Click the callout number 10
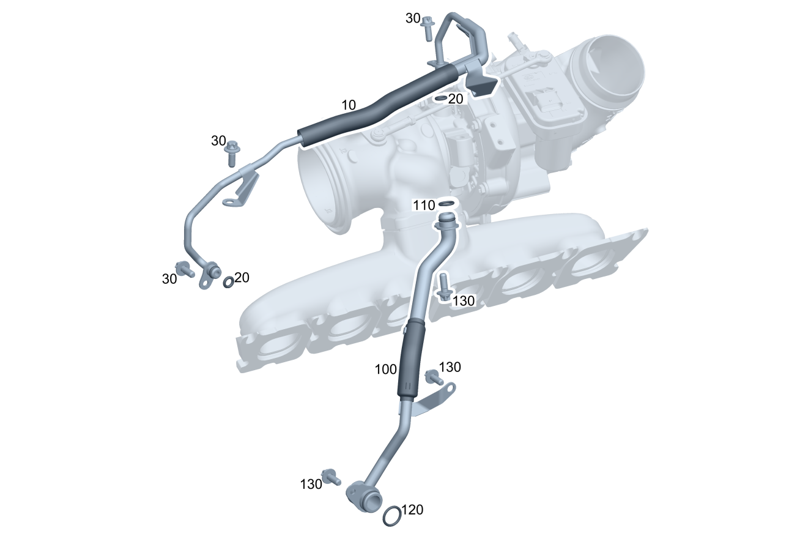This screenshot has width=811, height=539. (349, 105)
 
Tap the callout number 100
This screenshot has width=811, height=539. (386, 370)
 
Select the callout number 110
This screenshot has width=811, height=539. (424, 206)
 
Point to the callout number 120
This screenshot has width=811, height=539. (412, 510)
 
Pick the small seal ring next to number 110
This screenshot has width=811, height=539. (446, 204)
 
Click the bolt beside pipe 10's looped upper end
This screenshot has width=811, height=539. (428, 28)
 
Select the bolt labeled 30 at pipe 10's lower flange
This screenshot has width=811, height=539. (184, 269)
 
